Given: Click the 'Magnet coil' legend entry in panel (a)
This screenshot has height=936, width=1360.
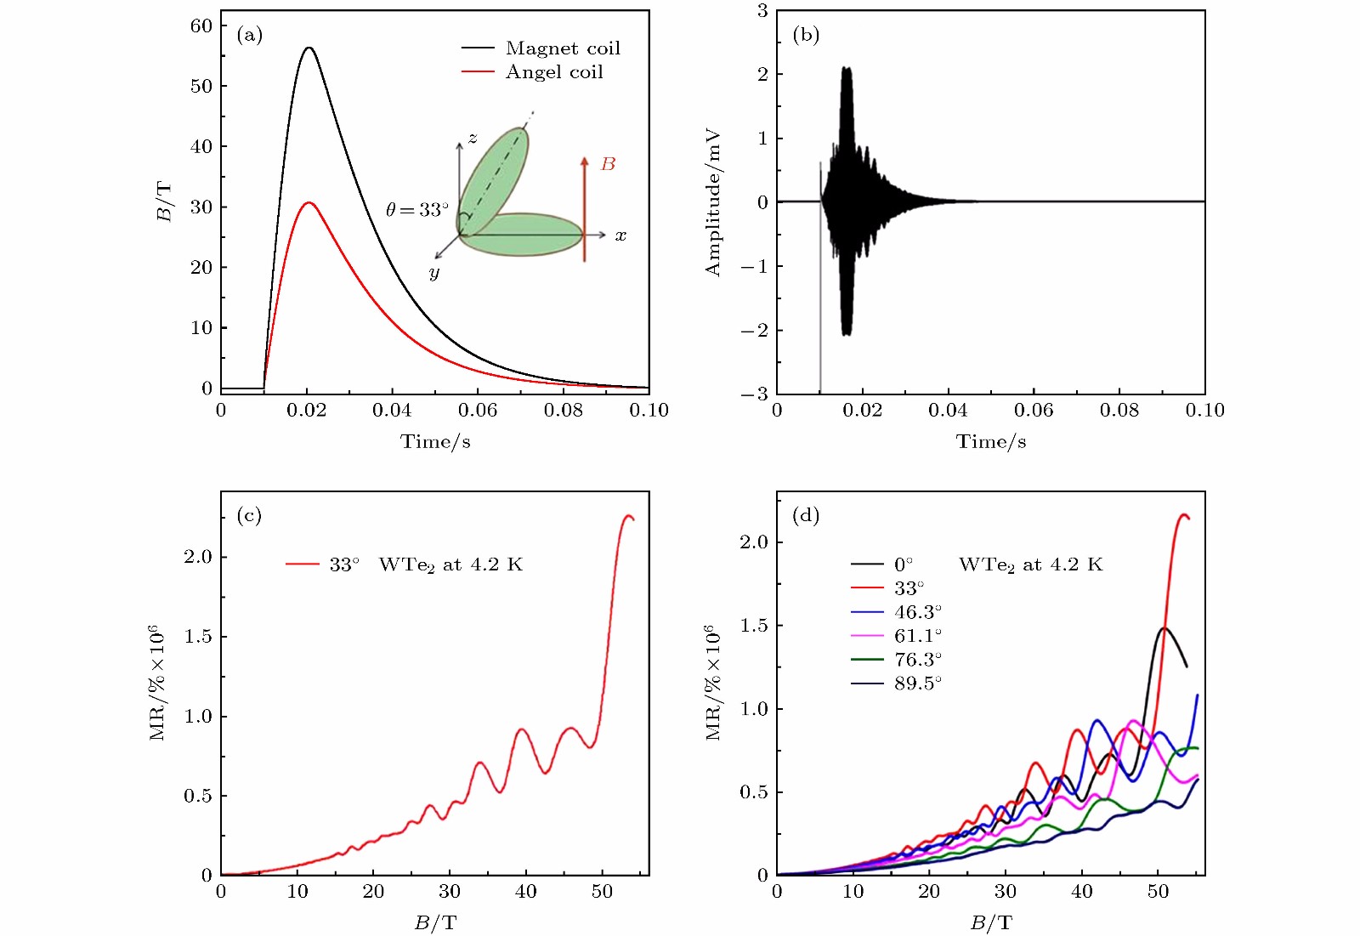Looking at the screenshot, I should pyautogui.click(x=563, y=48).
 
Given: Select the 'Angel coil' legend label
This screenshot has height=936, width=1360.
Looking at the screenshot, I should pyautogui.click(x=554, y=72).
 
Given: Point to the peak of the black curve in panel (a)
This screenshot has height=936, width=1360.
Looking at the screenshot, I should pyautogui.click(x=309, y=48).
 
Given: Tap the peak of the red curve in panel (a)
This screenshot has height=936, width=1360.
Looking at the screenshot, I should pyautogui.click(x=309, y=202).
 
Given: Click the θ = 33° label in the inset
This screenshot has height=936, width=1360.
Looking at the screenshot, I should pyautogui.click(x=416, y=210).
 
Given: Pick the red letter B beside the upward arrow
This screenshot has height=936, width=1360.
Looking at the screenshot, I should pyautogui.click(x=608, y=164).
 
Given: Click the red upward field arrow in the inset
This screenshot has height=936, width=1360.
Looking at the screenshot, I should pyautogui.click(x=585, y=208).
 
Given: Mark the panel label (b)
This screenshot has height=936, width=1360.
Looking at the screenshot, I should pyautogui.click(x=805, y=35).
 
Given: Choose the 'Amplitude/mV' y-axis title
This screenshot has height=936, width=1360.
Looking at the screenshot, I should pyautogui.click(x=712, y=202).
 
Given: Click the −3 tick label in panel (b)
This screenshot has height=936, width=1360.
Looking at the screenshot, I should pyautogui.click(x=755, y=394).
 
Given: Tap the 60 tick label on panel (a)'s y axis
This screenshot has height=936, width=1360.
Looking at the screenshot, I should pyautogui.click(x=201, y=26).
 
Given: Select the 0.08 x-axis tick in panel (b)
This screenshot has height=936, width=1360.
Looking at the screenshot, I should pyautogui.click(x=1119, y=411).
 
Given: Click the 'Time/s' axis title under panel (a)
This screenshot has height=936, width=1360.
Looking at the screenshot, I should pyautogui.click(x=435, y=442).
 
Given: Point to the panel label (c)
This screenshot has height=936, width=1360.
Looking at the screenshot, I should pyautogui.click(x=249, y=515).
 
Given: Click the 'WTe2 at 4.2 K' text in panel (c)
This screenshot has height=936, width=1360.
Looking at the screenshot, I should pyautogui.click(x=450, y=564).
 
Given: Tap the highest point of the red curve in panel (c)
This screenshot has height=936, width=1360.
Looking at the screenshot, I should pyautogui.click(x=628, y=515).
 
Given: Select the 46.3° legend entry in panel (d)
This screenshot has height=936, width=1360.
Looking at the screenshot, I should pyautogui.click(x=917, y=612).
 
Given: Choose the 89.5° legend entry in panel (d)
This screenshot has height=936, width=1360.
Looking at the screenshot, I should pyautogui.click(x=917, y=684).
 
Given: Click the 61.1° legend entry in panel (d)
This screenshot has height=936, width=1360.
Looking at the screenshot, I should pyautogui.click(x=917, y=636).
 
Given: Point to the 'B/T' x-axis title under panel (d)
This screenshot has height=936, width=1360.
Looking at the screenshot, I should pyautogui.click(x=991, y=923).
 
